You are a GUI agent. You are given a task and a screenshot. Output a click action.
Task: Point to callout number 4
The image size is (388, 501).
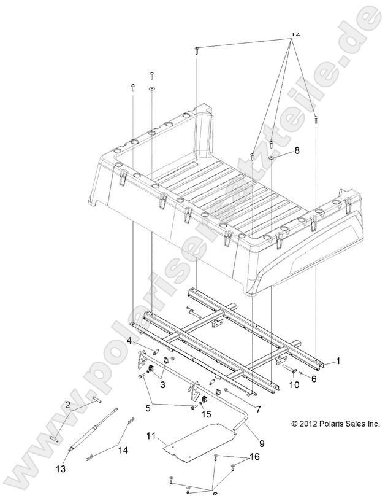coord(130,341)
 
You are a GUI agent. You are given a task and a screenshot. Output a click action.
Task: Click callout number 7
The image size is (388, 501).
coord(257,408)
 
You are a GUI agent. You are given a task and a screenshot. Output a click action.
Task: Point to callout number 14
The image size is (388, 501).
coord(123,450)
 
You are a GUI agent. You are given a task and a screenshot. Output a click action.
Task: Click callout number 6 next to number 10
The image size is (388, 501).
coord(313,380)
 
